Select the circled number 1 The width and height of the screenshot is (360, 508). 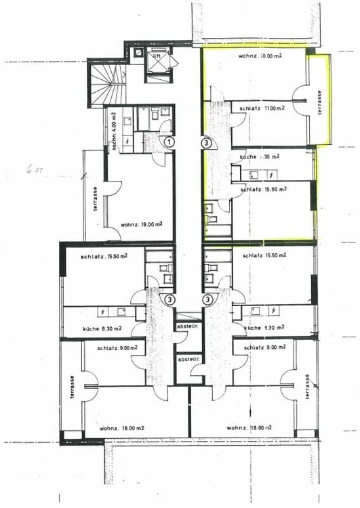169,143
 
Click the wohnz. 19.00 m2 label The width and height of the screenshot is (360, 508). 141,224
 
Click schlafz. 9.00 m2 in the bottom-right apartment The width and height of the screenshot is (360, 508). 262,348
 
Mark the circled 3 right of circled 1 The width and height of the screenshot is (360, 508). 206,143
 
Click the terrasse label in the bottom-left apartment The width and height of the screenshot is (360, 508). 70,388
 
